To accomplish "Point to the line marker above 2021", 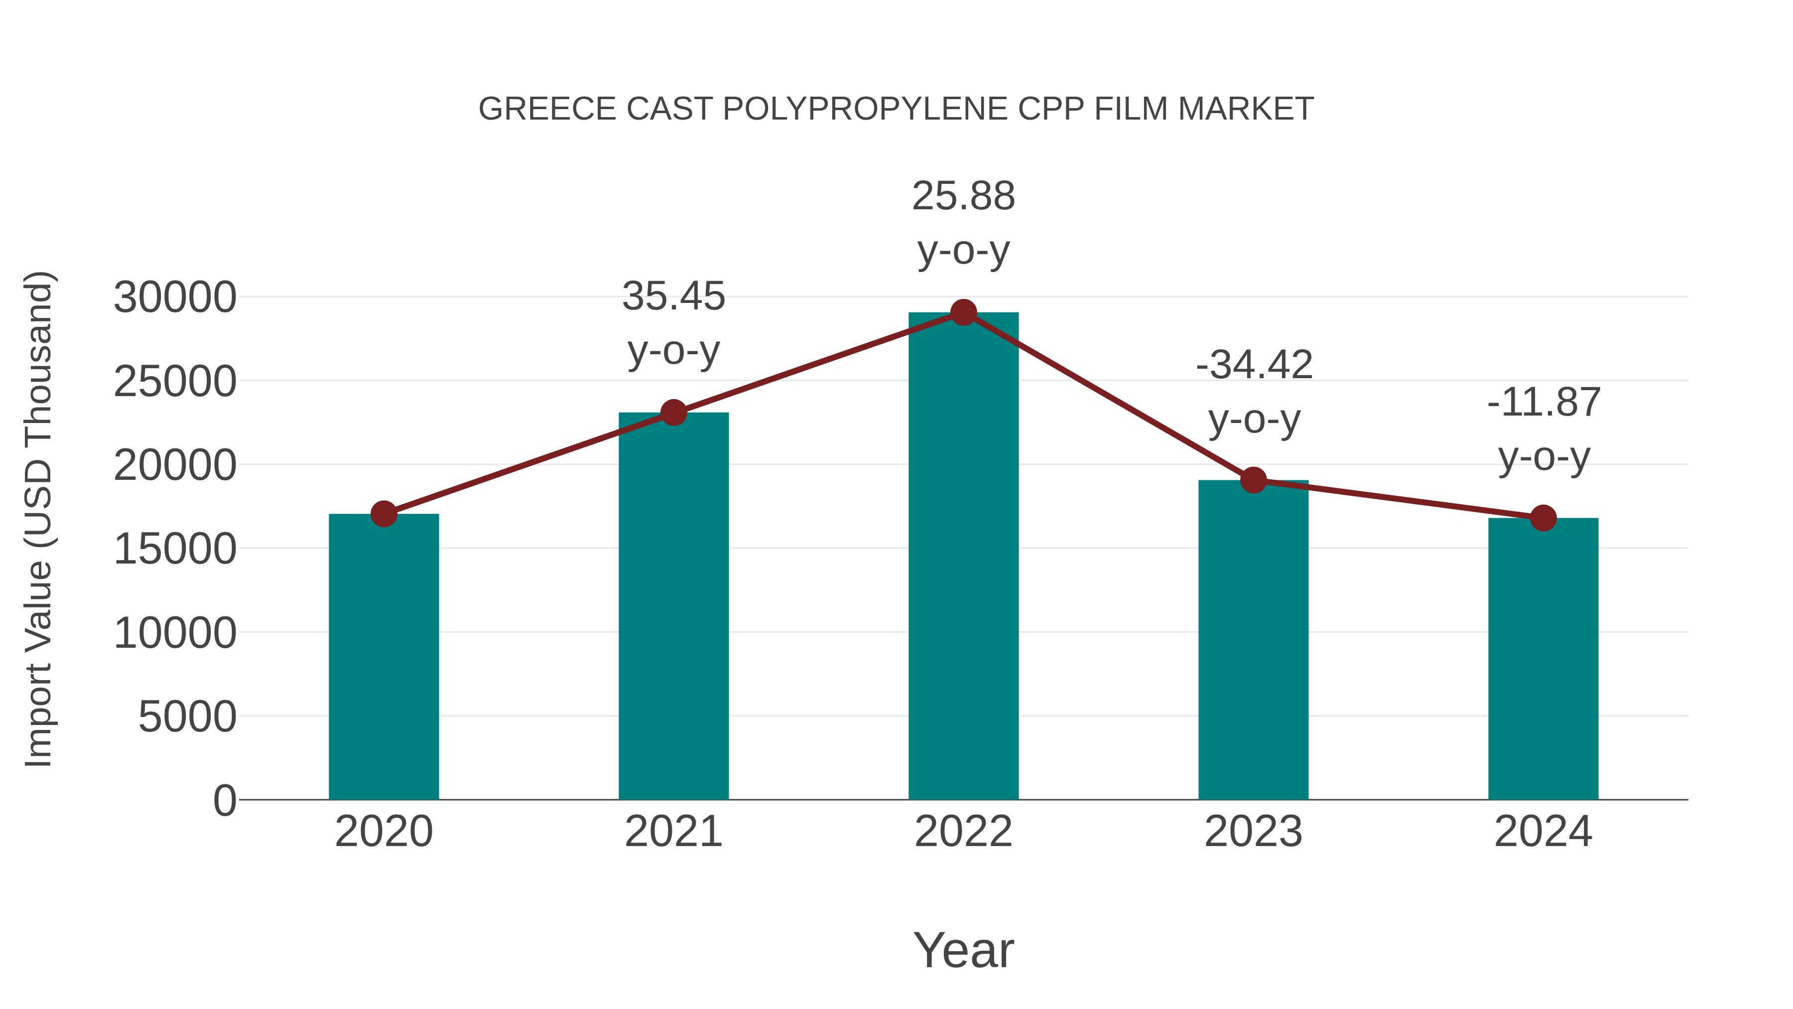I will point(674,413).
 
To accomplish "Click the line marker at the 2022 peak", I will point(963,312).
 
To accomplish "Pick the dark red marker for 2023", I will point(1254,480).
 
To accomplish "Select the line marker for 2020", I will point(384,515).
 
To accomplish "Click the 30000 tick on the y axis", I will point(175,297).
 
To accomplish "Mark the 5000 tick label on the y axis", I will point(187,717).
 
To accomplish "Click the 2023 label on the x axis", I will point(1254,832).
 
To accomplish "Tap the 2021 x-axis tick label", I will point(674,832).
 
